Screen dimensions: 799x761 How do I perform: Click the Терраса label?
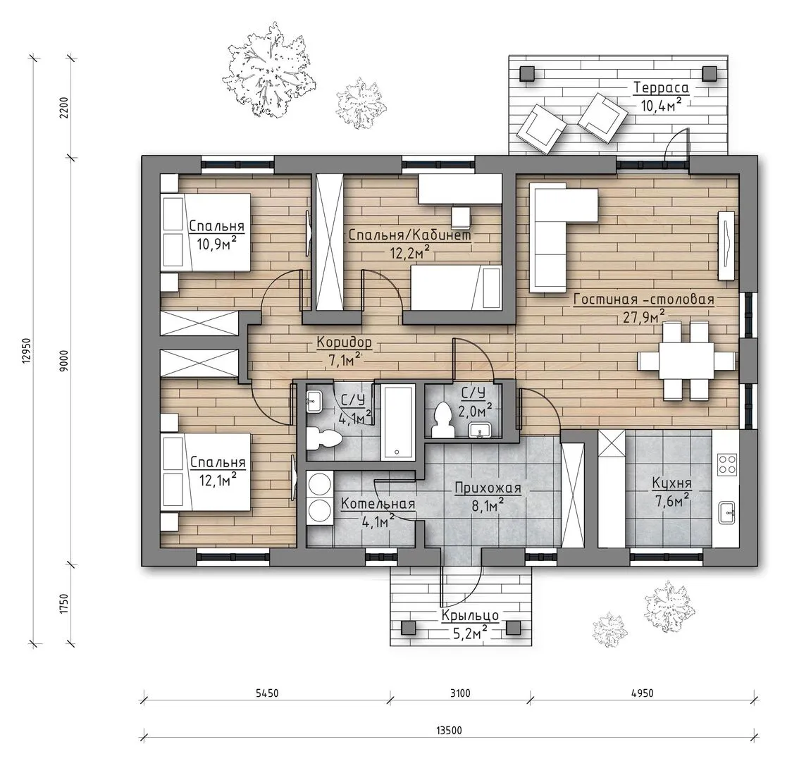click(661, 87)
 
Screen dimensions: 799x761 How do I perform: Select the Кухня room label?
click(671, 483)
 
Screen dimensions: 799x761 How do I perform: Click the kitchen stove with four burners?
click(727, 464)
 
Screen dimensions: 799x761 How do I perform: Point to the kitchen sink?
click(727, 512)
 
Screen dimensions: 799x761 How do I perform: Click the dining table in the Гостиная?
click(686, 360)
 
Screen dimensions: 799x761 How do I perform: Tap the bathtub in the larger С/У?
click(398, 423)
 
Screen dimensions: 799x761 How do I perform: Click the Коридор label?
click(344, 342)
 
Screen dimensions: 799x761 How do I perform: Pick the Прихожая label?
click(488, 488)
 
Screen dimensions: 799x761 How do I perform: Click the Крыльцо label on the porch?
click(470, 615)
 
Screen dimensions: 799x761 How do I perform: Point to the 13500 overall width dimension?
click(449, 731)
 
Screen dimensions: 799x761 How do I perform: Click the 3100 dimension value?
click(460, 693)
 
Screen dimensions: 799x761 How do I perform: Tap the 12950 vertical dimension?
click(27, 350)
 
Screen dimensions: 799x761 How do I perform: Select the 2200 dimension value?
click(63, 107)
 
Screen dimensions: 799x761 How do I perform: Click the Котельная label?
click(378, 504)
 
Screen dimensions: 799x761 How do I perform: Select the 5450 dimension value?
click(266, 693)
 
